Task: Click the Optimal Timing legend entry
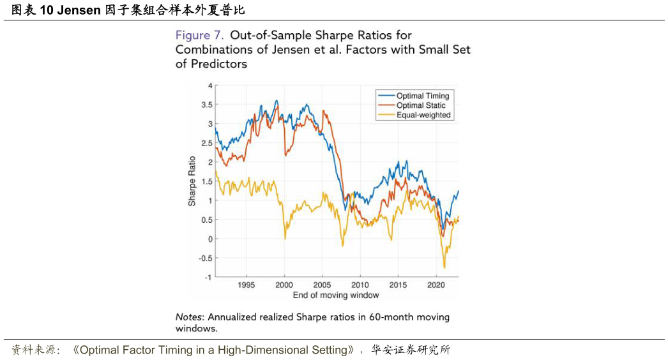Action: [x=422, y=96]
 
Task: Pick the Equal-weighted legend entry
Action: [x=423, y=115]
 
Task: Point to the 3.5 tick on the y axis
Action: [x=207, y=105]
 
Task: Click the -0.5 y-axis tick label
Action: [x=205, y=259]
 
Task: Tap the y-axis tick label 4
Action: [x=210, y=86]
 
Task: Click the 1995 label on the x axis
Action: [x=246, y=285]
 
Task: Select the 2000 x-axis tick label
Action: [x=284, y=285]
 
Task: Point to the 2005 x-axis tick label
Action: [x=322, y=285]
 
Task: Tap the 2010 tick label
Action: [x=360, y=285]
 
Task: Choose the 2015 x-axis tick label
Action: [x=398, y=285]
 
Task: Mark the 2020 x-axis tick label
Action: [x=436, y=285]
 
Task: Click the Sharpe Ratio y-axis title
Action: [x=192, y=181]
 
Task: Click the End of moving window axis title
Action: [x=335, y=295]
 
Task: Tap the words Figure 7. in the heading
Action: [x=199, y=35]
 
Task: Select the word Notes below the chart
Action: [x=190, y=317]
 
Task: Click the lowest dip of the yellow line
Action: [x=444, y=267]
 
